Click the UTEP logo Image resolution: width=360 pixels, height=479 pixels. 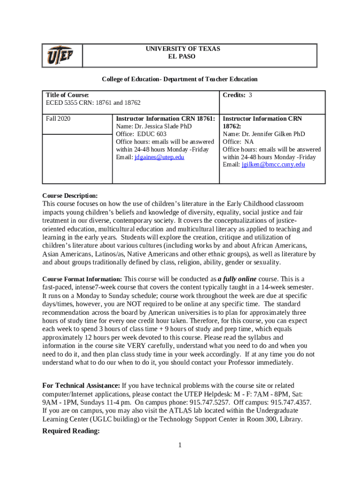point(59,56)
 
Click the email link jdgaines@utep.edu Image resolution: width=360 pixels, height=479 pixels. point(159,157)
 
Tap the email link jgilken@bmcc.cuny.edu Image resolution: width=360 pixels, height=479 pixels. point(273,165)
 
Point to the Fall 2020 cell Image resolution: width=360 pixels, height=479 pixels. point(58,119)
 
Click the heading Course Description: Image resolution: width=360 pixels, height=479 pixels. point(70,196)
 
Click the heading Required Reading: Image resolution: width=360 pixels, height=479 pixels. point(71,431)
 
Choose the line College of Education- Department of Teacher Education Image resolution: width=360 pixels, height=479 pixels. point(180,80)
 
